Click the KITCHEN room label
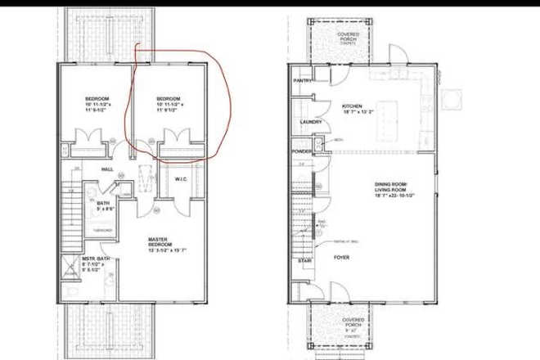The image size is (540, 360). (x=351, y=106)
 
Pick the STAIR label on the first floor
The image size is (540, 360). (x=304, y=262)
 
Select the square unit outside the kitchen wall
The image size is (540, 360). (x=449, y=97)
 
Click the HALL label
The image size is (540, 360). (x=107, y=169)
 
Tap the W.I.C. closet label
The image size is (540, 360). (x=182, y=179)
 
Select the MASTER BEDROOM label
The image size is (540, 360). (x=158, y=241)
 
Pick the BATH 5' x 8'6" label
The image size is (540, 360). (x=104, y=205)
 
